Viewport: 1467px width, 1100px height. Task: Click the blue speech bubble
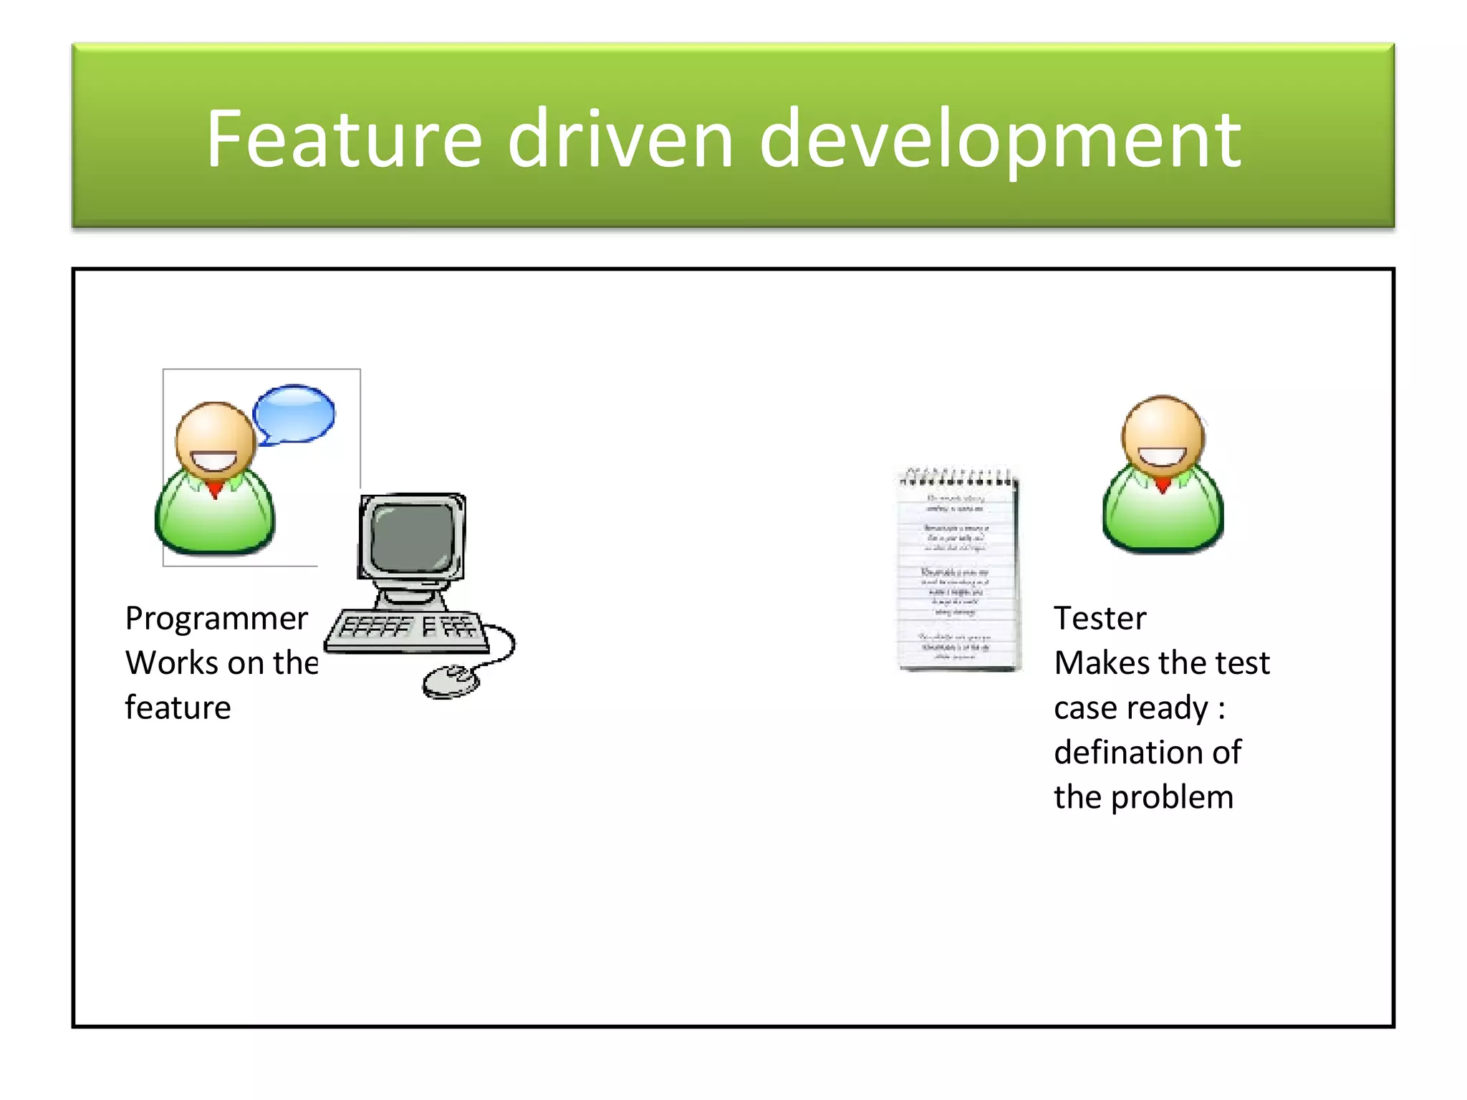coord(294,413)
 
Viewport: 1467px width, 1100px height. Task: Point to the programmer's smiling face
coord(215,440)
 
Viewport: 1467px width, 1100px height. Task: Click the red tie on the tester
coord(1163,486)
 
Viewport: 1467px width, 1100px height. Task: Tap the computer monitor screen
coord(411,536)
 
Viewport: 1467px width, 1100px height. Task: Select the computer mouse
coord(450,680)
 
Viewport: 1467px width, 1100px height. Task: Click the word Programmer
coord(216,618)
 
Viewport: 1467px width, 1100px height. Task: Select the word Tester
coord(1100,618)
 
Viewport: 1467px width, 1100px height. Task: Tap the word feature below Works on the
coord(178,708)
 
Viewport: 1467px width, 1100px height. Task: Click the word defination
coord(1121,752)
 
